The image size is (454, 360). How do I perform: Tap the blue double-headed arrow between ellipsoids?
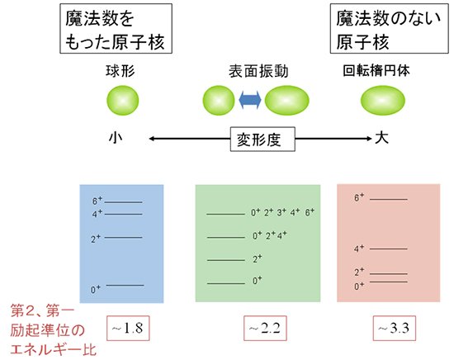(x=250, y=102)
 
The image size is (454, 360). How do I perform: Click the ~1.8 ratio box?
(x=128, y=328)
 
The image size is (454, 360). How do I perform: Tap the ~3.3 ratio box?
(x=395, y=328)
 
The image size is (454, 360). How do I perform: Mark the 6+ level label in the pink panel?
(x=359, y=198)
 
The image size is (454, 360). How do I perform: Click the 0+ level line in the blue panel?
(x=125, y=285)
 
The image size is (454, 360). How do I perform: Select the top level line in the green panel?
(x=226, y=213)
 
